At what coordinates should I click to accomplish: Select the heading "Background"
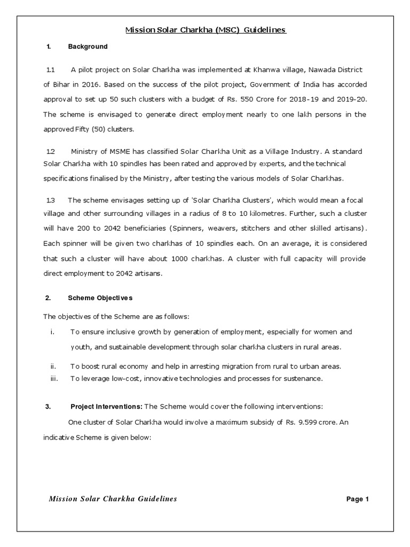click(x=88, y=47)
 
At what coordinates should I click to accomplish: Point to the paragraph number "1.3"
click(x=51, y=200)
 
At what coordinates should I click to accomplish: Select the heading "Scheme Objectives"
click(x=100, y=298)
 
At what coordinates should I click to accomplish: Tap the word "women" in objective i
click(x=320, y=332)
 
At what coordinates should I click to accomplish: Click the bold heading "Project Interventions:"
click(x=105, y=407)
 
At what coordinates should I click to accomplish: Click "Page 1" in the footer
click(x=358, y=499)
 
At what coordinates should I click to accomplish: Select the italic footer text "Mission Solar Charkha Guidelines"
click(x=113, y=499)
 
